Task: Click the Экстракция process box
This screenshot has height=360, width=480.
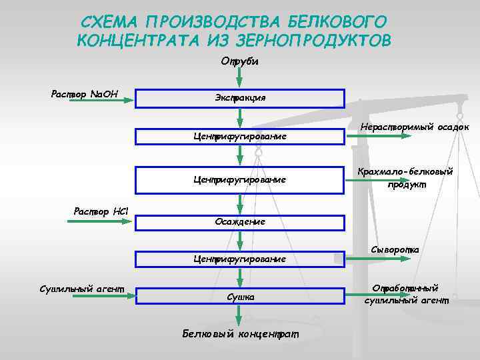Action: click(x=240, y=98)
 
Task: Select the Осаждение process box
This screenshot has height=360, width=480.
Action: click(x=240, y=221)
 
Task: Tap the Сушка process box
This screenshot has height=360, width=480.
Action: click(x=240, y=296)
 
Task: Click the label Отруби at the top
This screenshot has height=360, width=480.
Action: click(x=239, y=61)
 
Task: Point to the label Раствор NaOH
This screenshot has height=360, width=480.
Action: click(x=84, y=93)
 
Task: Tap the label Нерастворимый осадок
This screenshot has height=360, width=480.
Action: click(x=415, y=127)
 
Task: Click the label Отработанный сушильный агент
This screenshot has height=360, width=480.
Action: click(x=407, y=294)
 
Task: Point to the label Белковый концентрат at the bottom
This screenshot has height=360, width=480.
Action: click(x=241, y=333)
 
